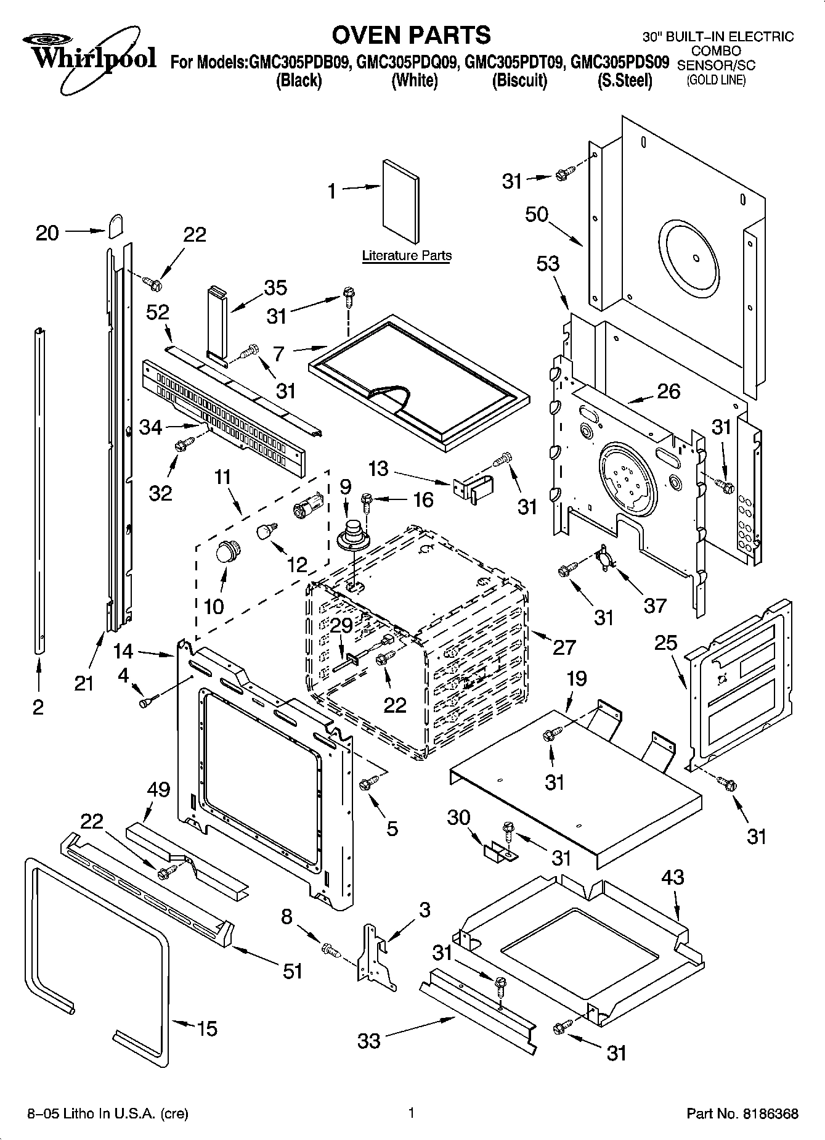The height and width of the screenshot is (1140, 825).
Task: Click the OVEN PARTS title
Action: click(x=411, y=35)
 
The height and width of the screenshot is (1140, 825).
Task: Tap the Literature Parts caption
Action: click(x=406, y=255)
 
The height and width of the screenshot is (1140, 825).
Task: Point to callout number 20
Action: click(x=47, y=233)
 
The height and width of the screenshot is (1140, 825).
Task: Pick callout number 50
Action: click(x=537, y=215)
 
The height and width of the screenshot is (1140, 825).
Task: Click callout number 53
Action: click(x=548, y=264)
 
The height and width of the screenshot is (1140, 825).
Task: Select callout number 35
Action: click(x=276, y=288)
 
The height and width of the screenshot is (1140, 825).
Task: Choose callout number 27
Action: click(x=564, y=647)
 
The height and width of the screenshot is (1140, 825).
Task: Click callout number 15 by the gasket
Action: click(x=208, y=1028)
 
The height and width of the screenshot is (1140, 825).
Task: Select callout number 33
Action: click(x=370, y=1041)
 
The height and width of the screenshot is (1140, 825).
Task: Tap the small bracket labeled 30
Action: click(x=496, y=853)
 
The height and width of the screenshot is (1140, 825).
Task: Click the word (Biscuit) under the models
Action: click(x=519, y=80)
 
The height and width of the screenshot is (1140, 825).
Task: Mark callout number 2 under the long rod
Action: click(x=38, y=707)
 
